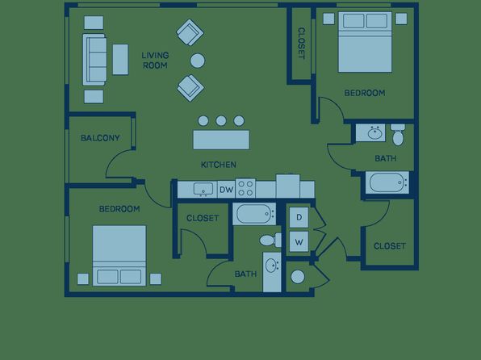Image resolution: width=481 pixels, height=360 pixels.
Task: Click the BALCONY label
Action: coord(100,138)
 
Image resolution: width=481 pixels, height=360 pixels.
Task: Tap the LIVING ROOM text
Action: coord(155,61)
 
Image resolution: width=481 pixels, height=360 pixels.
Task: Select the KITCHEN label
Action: coord(219,165)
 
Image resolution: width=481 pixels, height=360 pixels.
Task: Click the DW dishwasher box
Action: coord(227,190)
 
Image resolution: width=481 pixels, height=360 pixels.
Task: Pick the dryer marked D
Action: coord(299,217)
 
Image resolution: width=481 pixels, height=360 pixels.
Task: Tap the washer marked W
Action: coord(299,241)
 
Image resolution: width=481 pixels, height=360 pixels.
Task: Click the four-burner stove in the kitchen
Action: coord(245,188)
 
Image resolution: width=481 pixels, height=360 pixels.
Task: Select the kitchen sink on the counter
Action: coord(203,189)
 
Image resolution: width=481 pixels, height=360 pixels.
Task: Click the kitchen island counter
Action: coord(221,140)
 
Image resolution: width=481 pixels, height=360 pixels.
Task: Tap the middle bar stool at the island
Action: coord(221,121)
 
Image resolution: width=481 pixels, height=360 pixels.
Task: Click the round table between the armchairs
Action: coord(198,61)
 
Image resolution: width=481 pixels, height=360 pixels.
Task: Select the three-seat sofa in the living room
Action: coord(94,60)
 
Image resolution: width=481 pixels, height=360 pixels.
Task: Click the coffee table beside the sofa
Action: coord(120,60)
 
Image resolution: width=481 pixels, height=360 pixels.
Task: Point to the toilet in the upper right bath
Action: coord(398,135)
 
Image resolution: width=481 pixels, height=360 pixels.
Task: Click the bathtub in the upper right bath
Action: coord(387,182)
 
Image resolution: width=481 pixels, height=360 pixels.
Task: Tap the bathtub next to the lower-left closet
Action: coord(254,214)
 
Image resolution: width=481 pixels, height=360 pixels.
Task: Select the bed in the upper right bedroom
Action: coord(365,42)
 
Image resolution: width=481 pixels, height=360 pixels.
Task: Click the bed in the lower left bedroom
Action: coord(119,256)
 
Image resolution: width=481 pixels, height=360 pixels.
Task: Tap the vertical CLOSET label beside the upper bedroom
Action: coord(302,44)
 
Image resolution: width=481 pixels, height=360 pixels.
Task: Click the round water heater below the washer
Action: coord(298,277)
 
